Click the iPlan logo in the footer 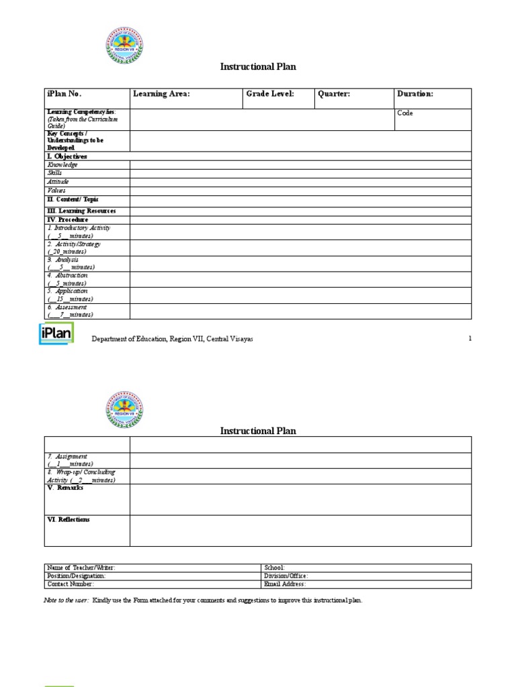(56, 333)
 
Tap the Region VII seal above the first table (124, 46)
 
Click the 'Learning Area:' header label (161, 95)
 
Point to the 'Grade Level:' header (270, 95)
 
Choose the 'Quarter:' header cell (334, 95)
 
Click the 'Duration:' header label (415, 95)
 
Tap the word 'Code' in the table (405, 113)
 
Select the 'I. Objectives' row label (67, 156)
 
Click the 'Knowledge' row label (62, 165)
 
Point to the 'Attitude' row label (58, 182)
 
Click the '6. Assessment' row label (67, 307)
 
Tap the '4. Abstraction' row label (67, 276)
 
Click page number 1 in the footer (470, 339)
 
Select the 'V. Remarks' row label (65, 488)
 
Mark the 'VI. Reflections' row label (68, 520)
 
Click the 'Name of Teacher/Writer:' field (85, 568)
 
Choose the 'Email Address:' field (286, 584)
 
